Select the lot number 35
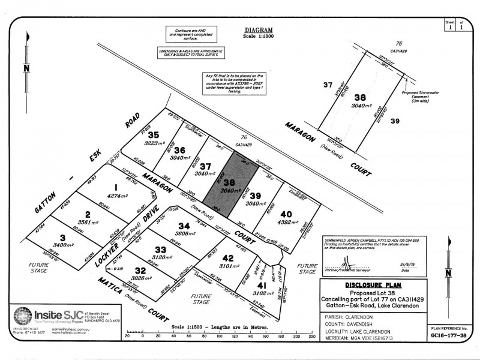(154, 135)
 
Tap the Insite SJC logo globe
(23, 316)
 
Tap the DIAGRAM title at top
(259, 30)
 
